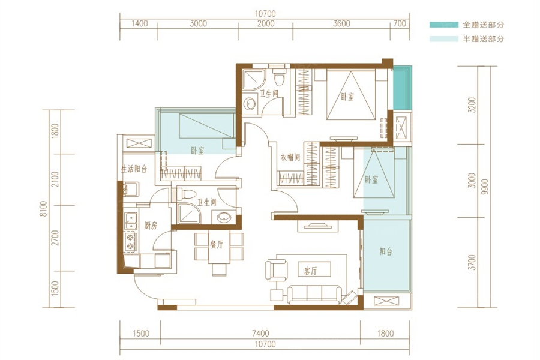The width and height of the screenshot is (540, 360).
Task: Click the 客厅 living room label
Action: (310, 271)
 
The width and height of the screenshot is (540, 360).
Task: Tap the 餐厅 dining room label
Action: (217, 245)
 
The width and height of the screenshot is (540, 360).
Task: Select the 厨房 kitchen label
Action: (151, 226)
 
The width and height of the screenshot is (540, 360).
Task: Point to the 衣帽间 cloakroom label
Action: (290, 157)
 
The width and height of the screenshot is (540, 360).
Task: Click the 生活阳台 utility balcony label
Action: (134, 169)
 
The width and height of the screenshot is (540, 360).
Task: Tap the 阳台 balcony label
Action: (386, 251)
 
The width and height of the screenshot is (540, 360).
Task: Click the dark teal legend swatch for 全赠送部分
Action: (444, 25)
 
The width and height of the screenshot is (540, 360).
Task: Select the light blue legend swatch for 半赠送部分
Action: (444, 39)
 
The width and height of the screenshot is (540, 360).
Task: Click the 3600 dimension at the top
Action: (341, 23)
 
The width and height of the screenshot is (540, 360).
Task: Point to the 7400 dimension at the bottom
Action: (260, 333)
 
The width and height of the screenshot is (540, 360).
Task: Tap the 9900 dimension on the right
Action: (485, 187)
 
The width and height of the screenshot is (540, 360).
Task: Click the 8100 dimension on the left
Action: (43, 209)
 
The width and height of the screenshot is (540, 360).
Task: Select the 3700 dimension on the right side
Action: (472, 262)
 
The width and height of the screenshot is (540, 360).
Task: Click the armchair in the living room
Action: (276, 270)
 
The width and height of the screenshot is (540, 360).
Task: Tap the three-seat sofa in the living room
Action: (314, 295)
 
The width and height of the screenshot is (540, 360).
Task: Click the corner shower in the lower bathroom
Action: (187, 213)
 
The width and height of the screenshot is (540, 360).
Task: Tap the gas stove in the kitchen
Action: (131, 241)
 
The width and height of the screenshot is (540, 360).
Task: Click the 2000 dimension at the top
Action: (266, 23)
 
